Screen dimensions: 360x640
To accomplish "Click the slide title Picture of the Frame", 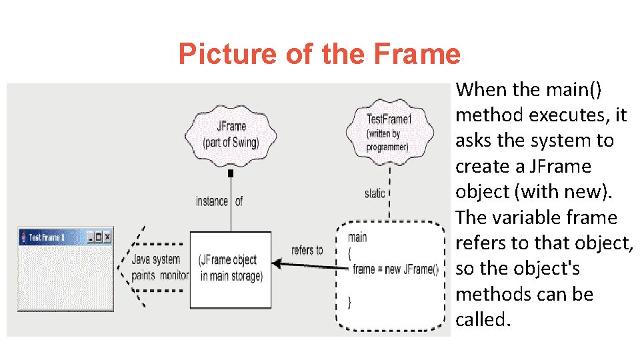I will [319, 54].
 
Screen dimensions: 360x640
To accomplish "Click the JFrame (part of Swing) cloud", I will [231, 133].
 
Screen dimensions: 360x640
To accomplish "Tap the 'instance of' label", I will [219, 201].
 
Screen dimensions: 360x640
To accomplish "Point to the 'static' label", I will [374, 193].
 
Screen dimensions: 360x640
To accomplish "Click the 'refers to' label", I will [307, 250].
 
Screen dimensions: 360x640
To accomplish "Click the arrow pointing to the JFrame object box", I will [307, 266].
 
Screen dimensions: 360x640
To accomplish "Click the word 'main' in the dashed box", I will [357, 237].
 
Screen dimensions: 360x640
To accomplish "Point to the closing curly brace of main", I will [350, 302].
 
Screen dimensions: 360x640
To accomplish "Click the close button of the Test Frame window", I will [107, 237].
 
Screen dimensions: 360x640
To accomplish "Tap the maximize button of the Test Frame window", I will [99, 237].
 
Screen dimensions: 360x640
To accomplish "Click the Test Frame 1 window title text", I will [47, 237].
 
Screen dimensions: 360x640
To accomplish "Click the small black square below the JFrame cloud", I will [231, 173].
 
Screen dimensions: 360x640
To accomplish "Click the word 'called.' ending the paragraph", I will [483, 319].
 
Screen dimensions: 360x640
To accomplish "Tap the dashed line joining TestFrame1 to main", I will [389, 193].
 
